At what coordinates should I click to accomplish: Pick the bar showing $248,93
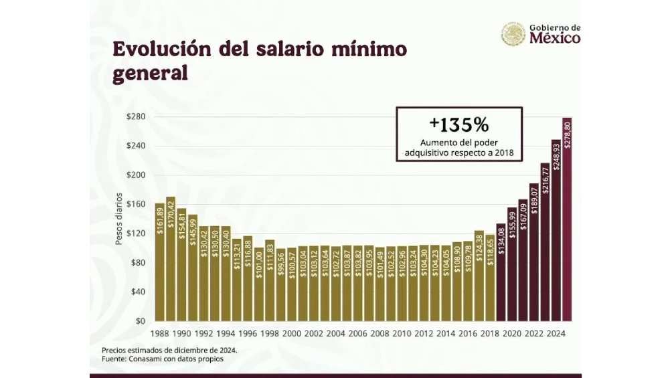pyautogui.click(x=556, y=230)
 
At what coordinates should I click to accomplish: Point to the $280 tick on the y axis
pyautogui.click(x=137, y=117)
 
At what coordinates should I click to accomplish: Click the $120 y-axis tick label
pyautogui.click(x=137, y=233)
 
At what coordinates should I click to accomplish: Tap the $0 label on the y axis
pyautogui.click(x=141, y=321)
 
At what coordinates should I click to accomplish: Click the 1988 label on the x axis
pyautogui.click(x=159, y=333)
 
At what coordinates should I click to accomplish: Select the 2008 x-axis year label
pyautogui.click(x=380, y=333)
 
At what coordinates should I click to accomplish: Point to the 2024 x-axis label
pyautogui.click(x=556, y=333)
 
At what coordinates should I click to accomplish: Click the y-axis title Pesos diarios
pyautogui.click(x=119, y=219)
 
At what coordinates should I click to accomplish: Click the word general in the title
pyautogui.click(x=150, y=73)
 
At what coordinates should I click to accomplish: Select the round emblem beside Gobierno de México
pyautogui.click(x=513, y=33)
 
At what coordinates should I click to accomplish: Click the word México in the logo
pyautogui.click(x=555, y=38)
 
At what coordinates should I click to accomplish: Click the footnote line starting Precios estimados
pyautogui.click(x=169, y=350)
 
